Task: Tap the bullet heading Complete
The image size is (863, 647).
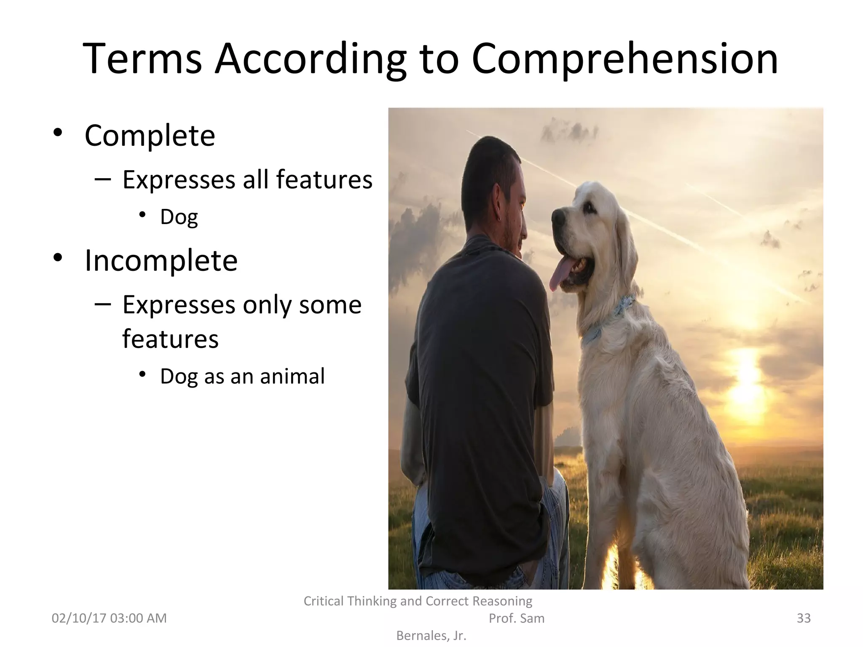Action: (x=150, y=136)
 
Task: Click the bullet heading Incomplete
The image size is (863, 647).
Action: (x=161, y=261)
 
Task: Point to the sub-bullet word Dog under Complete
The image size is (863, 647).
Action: (x=179, y=217)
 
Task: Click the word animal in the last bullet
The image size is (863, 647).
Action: (x=292, y=376)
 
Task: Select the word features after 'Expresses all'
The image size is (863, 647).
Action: (x=324, y=179)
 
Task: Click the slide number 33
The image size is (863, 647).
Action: (x=804, y=618)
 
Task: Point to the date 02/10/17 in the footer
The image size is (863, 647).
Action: (x=79, y=618)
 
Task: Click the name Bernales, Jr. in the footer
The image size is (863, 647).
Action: (x=431, y=636)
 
